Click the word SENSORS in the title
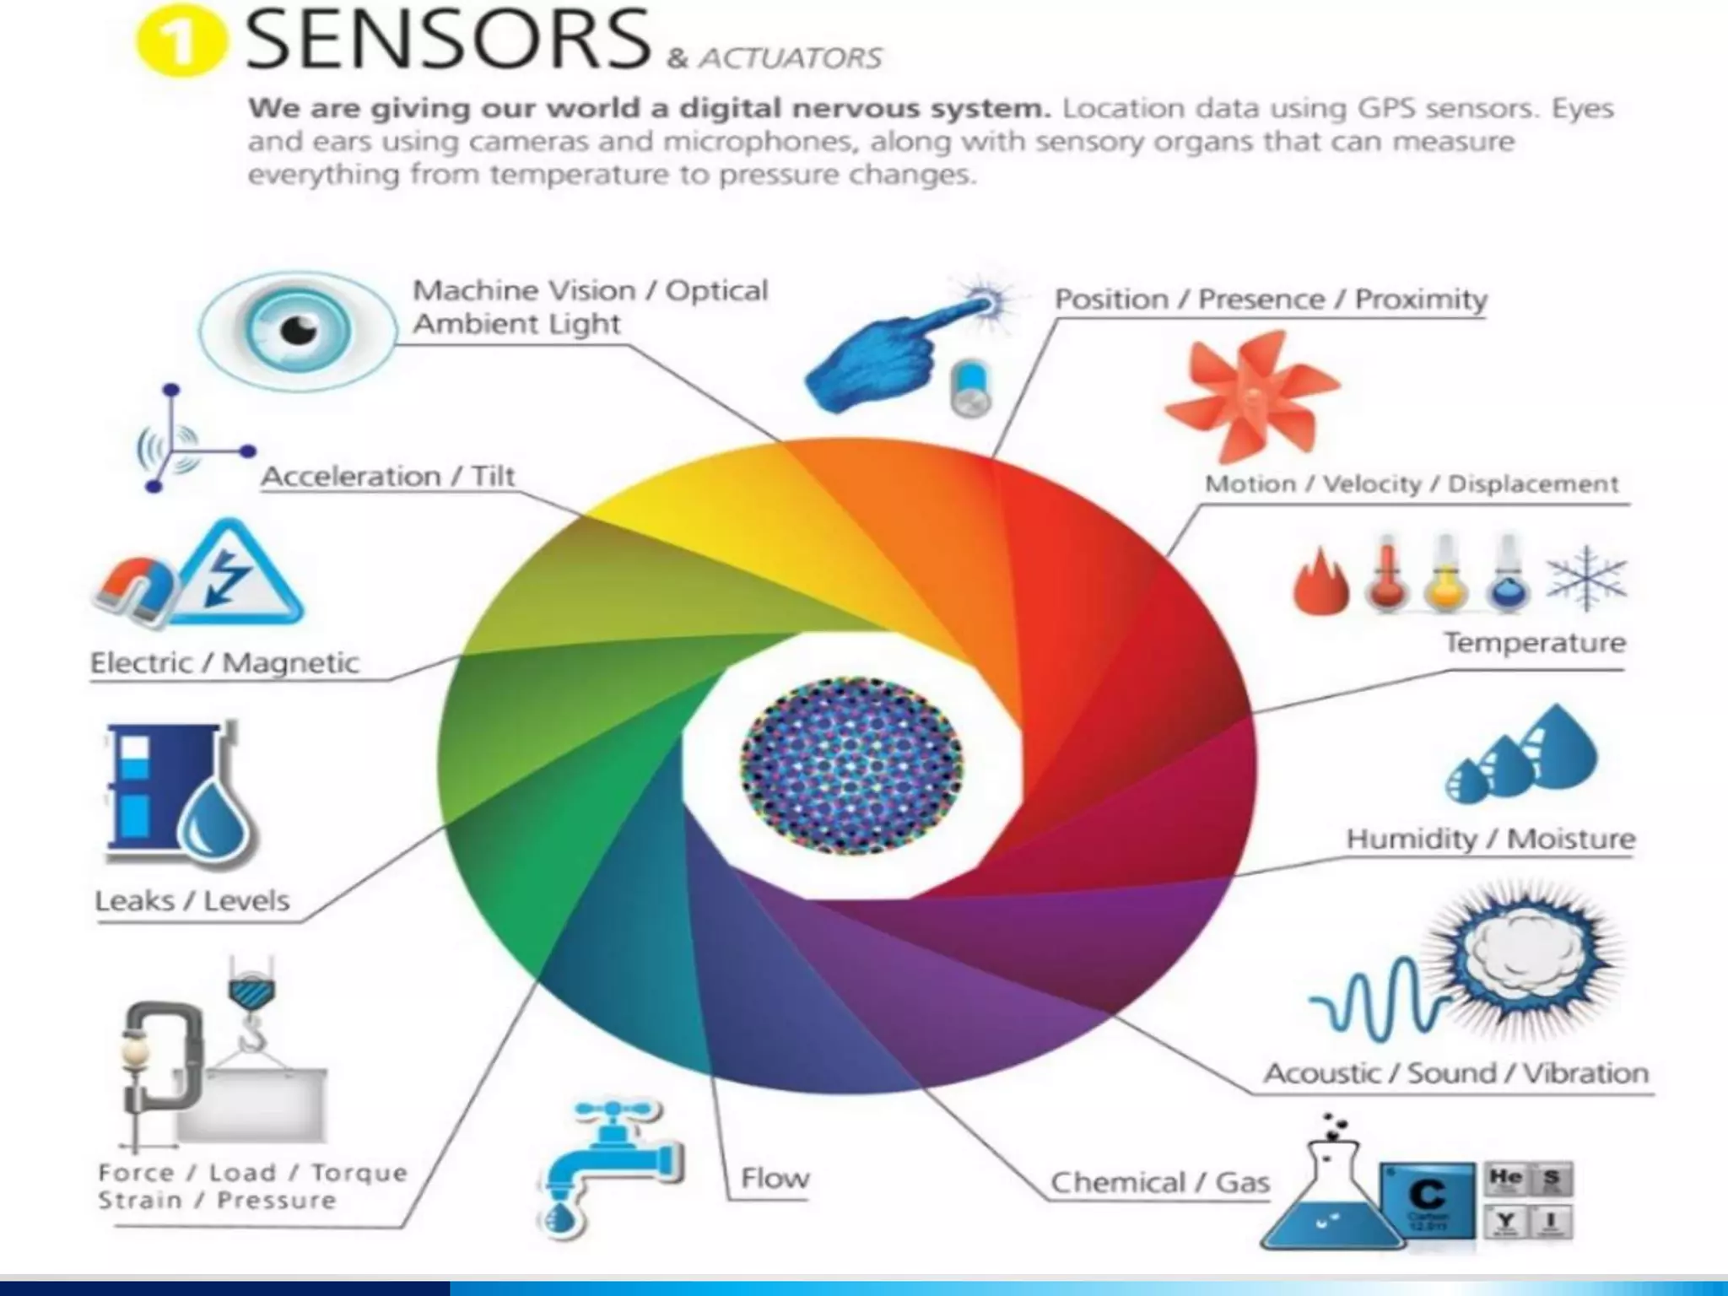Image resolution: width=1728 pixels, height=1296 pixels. [x=447, y=40]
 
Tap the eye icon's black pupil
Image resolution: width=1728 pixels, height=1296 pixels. [x=298, y=330]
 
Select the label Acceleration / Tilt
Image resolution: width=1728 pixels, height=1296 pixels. [x=387, y=477]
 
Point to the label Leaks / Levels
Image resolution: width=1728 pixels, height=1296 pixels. [x=192, y=901]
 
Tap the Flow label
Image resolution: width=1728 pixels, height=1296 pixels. [x=775, y=1179]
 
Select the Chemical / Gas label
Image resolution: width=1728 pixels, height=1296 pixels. [x=1160, y=1183]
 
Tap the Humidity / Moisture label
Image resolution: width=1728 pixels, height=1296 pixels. [x=1490, y=840]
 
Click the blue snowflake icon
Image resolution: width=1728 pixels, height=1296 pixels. [x=1586, y=579]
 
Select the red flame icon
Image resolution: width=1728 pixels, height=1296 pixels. [x=1320, y=582]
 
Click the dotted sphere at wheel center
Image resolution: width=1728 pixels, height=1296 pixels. [x=850, y=766]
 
